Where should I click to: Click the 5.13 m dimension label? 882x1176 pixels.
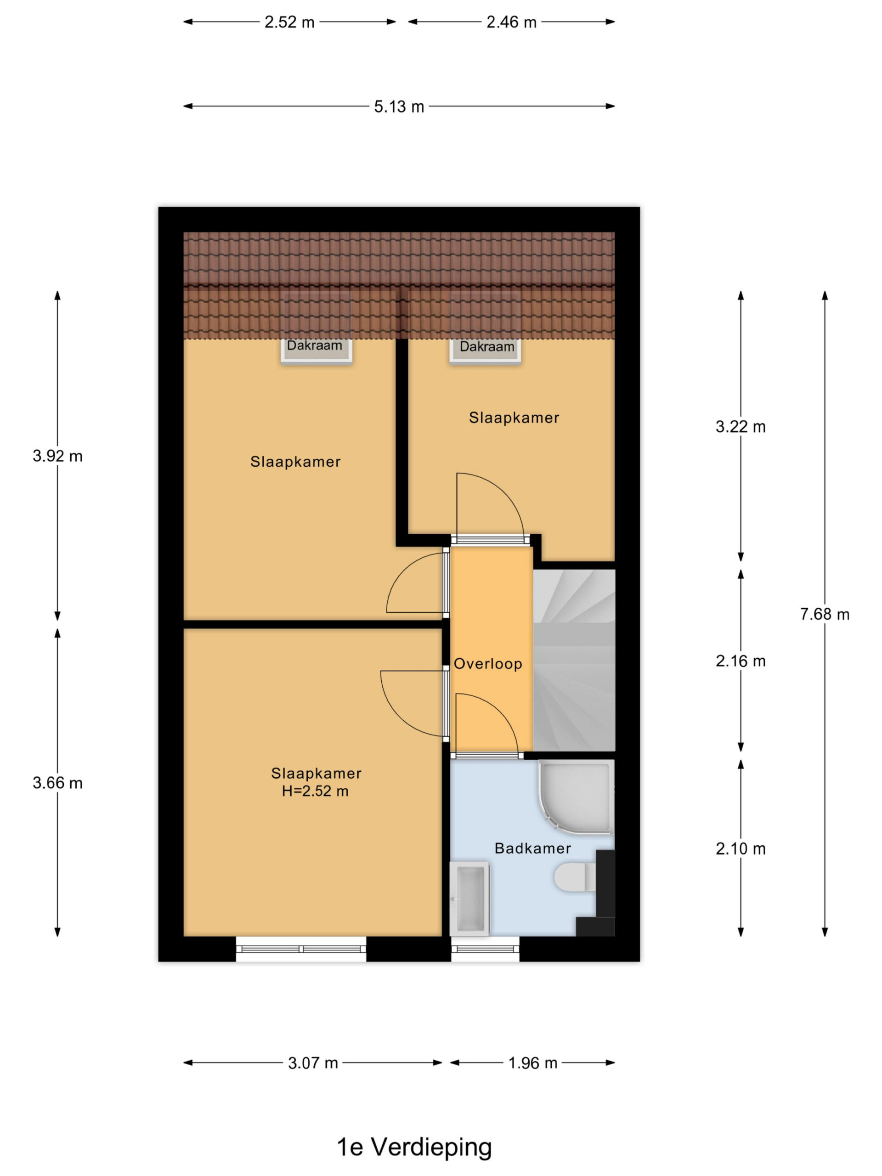(399, 107)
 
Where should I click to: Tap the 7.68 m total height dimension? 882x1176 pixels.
(825, 615)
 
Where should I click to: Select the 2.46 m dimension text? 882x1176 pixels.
(511, 23)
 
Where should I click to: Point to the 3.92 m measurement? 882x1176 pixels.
(57, 456)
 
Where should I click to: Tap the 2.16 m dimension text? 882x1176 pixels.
(741, 661)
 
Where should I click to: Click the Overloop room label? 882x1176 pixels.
(488, 664)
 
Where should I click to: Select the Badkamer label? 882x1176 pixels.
(533, 848)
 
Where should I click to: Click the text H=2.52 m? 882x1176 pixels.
(315, 791)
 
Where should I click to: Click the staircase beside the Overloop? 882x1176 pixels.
(574, 660)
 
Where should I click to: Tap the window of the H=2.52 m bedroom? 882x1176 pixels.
(301, 949)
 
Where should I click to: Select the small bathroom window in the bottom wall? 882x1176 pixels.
(486, 949)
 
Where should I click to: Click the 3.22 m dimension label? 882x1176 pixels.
(741, 427)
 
